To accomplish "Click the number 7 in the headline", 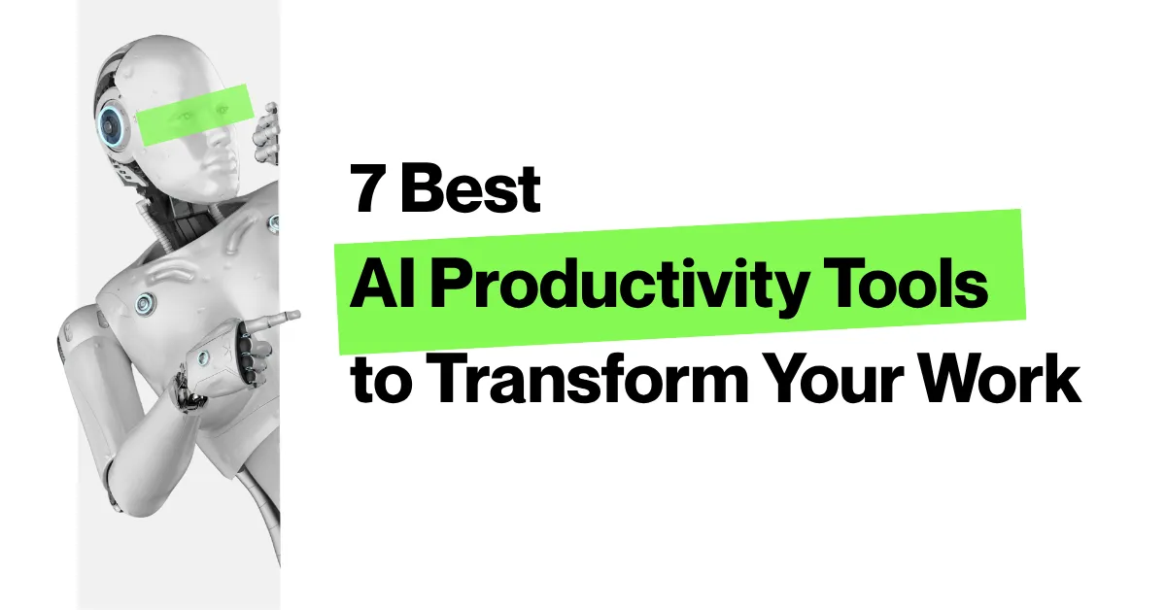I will coord(367,190).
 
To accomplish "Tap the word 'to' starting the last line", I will coord(374,382).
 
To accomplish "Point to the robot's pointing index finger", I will coord(282,317).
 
